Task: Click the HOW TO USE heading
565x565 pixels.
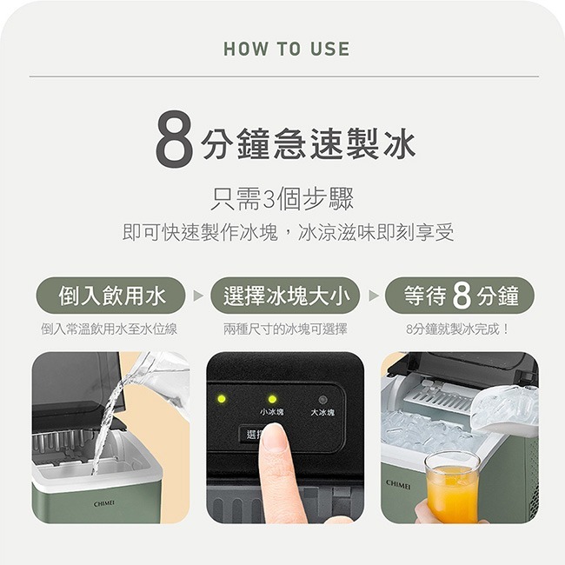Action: pyautogui.click(x=286, y=50)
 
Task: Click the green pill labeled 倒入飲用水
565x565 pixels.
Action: pyautogui.click(x=110, y=296)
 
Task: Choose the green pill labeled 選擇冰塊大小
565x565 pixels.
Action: pyautogui.click(x=286, y=296)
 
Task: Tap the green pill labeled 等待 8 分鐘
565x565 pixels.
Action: pyautogui.click(x=460, y=296)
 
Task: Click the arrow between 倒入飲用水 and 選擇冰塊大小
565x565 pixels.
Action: pyautogui.click(x=198, y=296)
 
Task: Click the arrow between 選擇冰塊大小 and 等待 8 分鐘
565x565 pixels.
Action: pyautogui.click(x=374, y=296)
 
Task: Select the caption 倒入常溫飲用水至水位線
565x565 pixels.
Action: pyautogui.click(x=110, y=329)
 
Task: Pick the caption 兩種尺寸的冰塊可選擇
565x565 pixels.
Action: pyautogui.click(x=285, y=329)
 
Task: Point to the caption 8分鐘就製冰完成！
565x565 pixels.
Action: pyautogui.click(x=458, y=329)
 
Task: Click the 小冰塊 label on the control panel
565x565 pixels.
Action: pyautogui.click(x=271, y=412)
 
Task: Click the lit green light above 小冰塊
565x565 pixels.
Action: pyautogui.click(x=272, y=399)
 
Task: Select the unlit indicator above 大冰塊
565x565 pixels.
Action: pyautogui.click(x=322, y=398)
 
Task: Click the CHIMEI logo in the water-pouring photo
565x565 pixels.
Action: pyautogui.click(x=105, y=503)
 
